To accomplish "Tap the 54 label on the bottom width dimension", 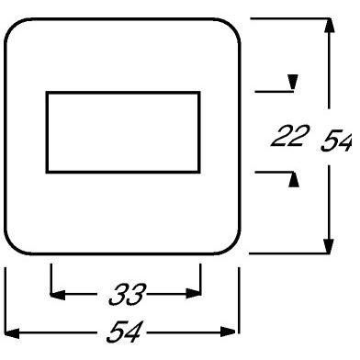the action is (124, 329).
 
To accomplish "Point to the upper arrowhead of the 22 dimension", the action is (292, 85).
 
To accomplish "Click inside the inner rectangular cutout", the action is (124, 131).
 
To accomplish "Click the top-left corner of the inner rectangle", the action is (49, 93).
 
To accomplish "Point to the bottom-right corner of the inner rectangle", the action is (199, 171).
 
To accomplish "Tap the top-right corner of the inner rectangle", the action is (199, 93).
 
